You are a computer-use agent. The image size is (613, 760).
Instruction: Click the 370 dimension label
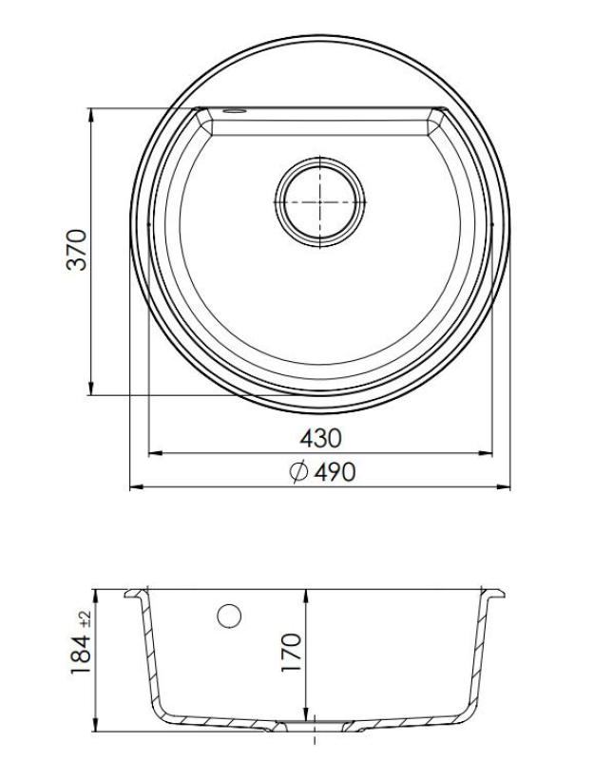[77, 249]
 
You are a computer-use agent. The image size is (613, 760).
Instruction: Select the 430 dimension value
[320, 438]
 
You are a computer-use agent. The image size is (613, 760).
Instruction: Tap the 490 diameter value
[334, 471]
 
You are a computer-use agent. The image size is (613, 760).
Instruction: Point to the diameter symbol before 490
[297, 471]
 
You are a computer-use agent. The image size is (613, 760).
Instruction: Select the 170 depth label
[292, 653]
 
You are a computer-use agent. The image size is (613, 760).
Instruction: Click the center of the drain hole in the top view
[319, 201]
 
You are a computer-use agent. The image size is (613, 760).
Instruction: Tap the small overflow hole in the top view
[233, 112]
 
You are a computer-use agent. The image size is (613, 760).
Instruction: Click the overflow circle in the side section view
[228, 616]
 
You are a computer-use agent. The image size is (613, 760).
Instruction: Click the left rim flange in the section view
[137, 595]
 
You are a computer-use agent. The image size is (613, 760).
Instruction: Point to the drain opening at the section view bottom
[314, 728]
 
